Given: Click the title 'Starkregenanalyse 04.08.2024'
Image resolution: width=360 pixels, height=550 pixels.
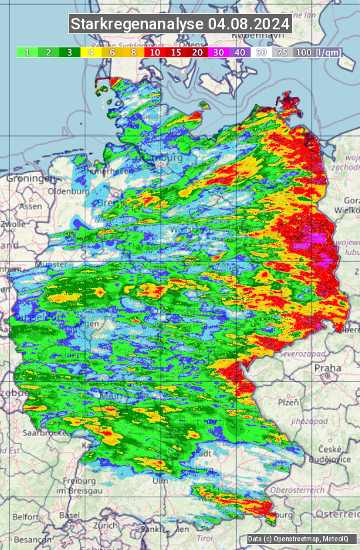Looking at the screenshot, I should (180, 24).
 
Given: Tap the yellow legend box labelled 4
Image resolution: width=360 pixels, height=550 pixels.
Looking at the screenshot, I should (91, 52).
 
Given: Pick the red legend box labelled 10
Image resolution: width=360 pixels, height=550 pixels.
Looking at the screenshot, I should (155, 52).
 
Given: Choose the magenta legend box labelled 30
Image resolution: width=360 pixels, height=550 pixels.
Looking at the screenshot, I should (218, 52).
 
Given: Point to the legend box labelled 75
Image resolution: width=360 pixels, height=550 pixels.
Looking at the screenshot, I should (282, 52).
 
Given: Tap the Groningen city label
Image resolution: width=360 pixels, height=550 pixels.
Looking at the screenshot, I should (31, 179).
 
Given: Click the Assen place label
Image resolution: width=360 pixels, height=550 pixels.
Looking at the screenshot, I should (30, 207).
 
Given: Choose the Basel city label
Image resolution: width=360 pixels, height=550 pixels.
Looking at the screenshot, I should (69, 515).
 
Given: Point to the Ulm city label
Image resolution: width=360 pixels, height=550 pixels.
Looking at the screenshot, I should (160, 481).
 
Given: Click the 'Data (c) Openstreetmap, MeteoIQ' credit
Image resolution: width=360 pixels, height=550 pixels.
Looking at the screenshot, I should (301, 539).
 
